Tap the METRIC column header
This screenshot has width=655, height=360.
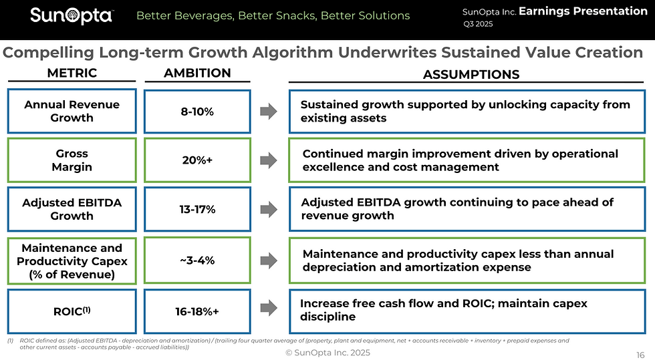(x=72, y=73)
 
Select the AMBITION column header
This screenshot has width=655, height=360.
(x=197, y=73)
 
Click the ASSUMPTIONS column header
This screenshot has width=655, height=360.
(x=471, y=75)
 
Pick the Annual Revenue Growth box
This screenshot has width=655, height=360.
(x=72, y=111)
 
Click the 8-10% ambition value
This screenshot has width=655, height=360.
(x=197, y=112)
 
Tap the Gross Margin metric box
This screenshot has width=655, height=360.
(x=72, y=160)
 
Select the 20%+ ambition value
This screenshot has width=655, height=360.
(x=197, y=160)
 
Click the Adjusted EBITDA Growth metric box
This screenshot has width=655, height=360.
(x=72, y=209)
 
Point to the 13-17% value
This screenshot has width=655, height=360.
(x=197, y=209)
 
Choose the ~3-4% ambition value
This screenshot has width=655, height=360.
(x=197, y=260)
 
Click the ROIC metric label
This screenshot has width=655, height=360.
(x=72, y=311)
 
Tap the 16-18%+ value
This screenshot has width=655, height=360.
(x=197, y=311)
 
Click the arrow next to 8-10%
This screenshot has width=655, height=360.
(x=268, y=112)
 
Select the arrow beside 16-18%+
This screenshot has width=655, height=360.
(x=268, y=308)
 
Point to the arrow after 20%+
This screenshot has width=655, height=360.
(x=268, y=160)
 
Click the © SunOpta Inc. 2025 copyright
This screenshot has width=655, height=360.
(x=327, y=353)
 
